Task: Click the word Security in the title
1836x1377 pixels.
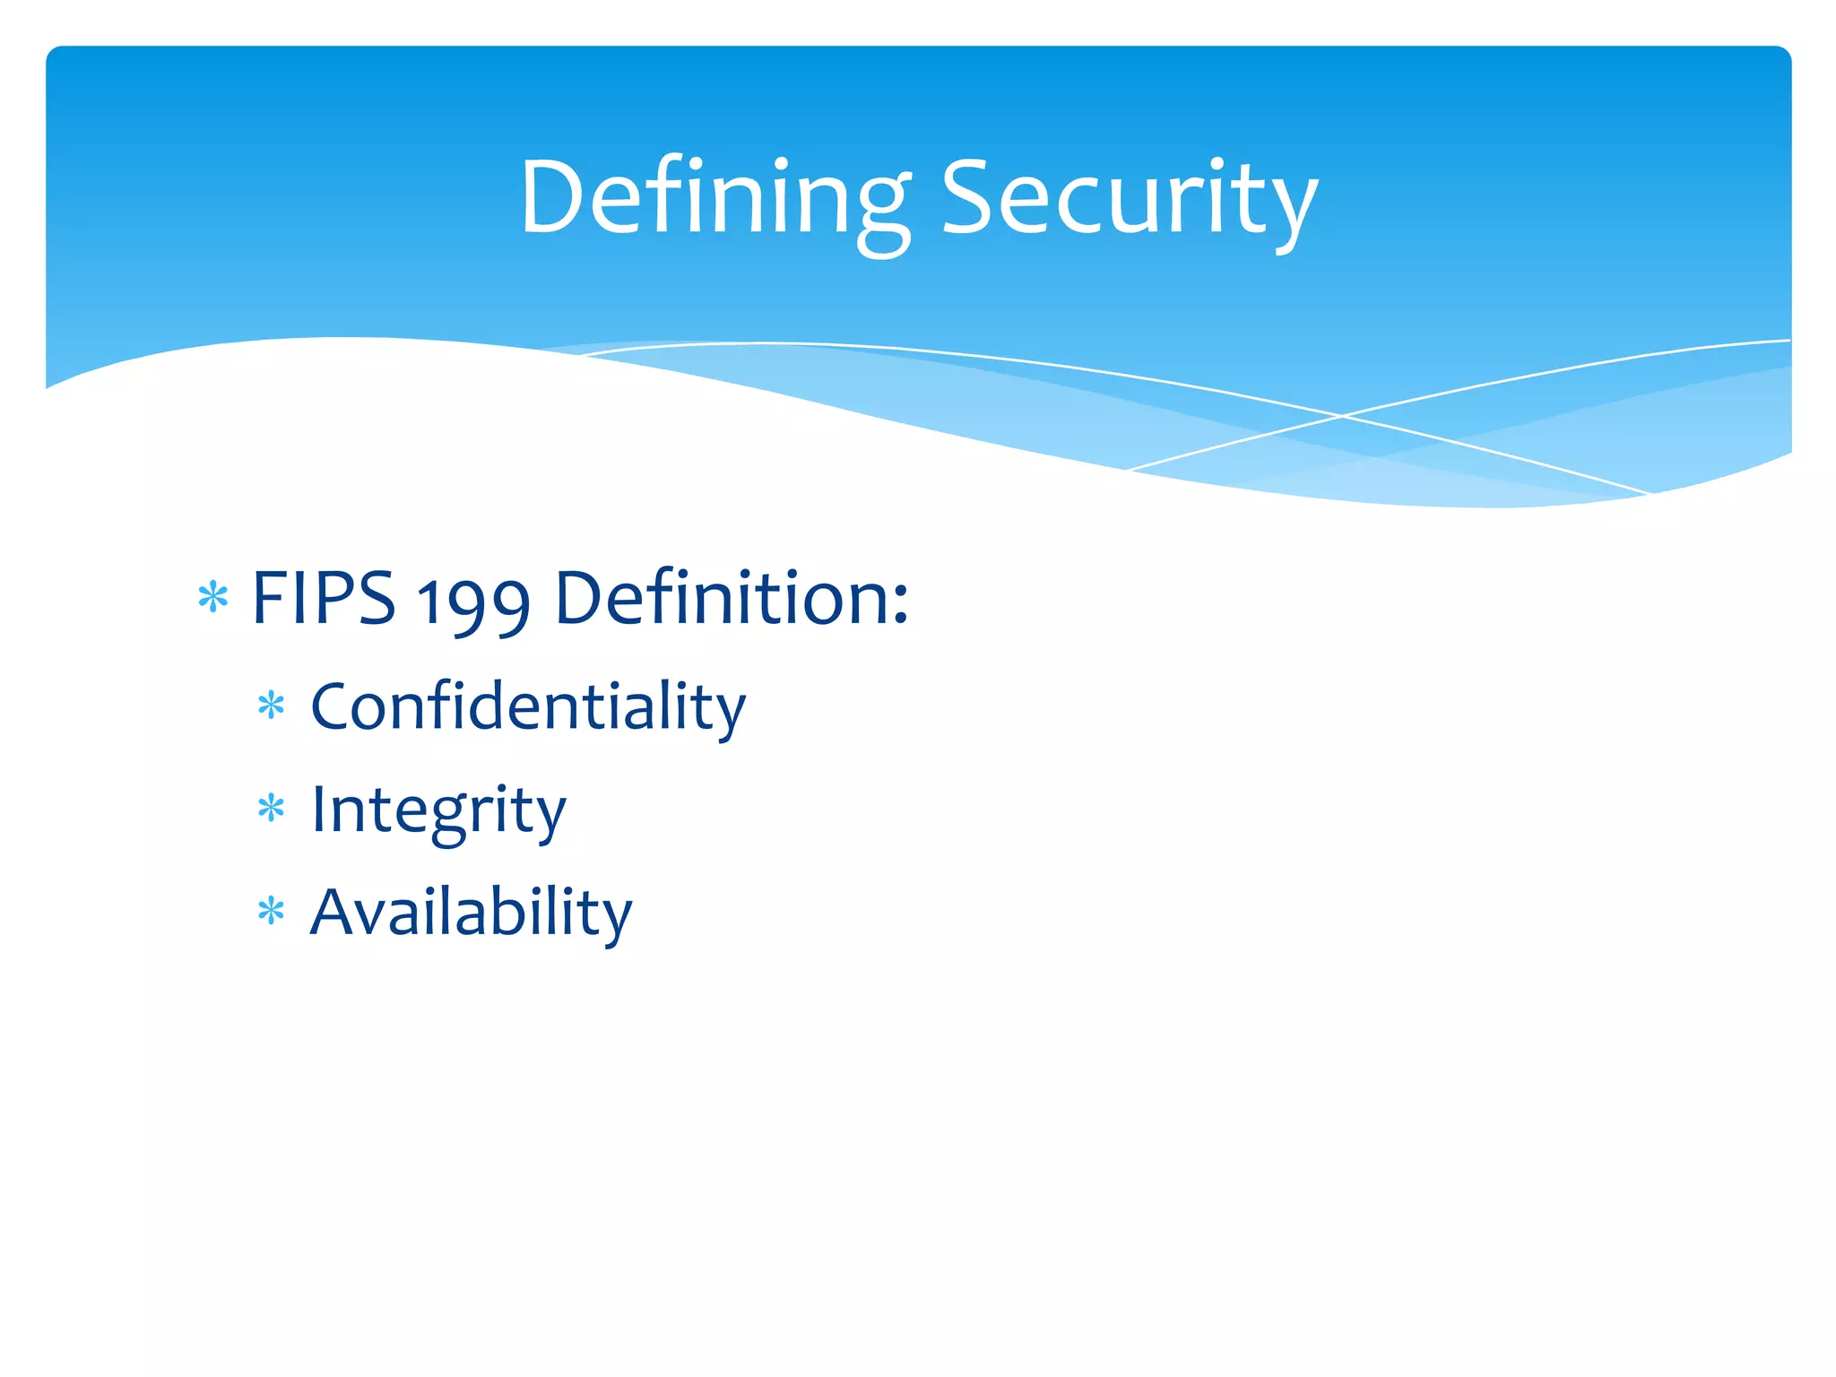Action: (x=1129, y=199)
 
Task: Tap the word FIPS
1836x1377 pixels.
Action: (x=323, y=598)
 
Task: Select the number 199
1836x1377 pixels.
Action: (x=473, y=602)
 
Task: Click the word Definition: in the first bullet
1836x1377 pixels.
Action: (x=732, y=598)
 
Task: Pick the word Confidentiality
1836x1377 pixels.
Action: (x=527, y=707)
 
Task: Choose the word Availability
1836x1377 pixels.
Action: (x=471, y=913)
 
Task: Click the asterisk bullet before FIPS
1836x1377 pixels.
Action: (x=213, y=597)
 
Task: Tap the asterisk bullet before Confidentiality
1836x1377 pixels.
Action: (x=271, y=706)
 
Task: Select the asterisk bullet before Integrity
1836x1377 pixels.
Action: (x=271, y=810)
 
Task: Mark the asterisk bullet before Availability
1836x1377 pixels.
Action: (x=271, y=913)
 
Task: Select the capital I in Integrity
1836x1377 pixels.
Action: (x=317, y=810)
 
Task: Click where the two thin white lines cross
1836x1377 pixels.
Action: (x=1342, y=416)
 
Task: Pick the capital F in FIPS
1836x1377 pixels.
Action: (x=269, y=598)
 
